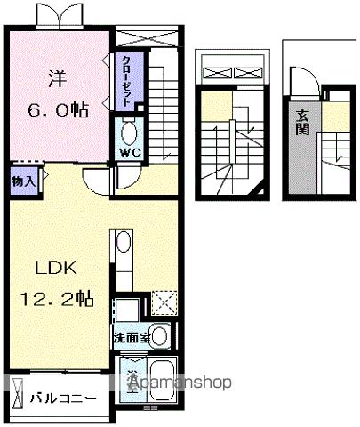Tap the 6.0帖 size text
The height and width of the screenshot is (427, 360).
click(56, 110)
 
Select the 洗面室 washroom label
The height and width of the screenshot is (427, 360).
click(131, 337)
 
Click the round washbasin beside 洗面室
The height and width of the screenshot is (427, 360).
click(159, 336)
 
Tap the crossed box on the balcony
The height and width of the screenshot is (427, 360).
click(18, 388)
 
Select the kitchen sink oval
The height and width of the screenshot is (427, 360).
click(123, 243)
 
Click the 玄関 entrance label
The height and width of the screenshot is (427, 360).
click(303, 118)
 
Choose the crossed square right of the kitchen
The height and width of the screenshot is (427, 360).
click(164, 303)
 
